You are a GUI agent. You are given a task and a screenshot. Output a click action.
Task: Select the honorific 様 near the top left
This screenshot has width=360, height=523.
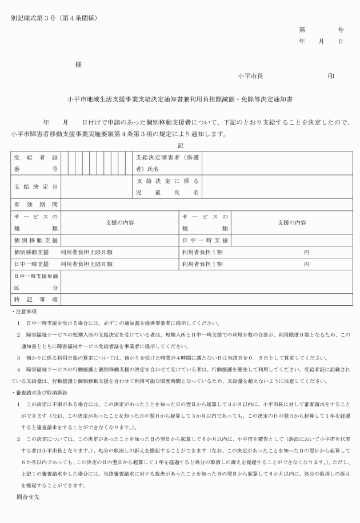point(78,65)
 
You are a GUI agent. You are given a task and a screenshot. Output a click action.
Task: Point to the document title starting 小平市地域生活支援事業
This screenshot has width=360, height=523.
point(179,99)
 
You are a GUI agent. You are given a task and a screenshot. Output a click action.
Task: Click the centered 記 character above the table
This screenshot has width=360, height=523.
point(181,145)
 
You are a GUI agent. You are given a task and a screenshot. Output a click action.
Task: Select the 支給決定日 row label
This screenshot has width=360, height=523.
point(35,186)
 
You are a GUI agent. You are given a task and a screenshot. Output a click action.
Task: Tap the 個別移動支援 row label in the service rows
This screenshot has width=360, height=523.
point(35,240)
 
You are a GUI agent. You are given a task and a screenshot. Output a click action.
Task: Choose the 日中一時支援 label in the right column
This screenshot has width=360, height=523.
point(205,240)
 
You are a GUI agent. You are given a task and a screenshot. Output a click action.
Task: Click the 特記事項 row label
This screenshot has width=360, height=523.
point(35,300)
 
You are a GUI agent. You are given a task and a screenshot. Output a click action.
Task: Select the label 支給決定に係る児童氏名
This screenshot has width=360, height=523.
point(167,186)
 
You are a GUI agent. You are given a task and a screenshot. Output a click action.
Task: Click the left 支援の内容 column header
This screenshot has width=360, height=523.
point(119,222)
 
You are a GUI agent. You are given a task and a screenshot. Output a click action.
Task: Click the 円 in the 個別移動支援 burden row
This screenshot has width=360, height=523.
point(306,252)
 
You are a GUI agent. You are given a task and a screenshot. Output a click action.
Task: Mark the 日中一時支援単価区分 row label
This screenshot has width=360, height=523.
point(35,282)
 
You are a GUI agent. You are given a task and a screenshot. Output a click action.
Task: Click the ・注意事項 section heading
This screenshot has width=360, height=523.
point(24,312)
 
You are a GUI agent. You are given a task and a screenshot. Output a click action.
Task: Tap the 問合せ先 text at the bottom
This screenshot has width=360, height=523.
point(28,497)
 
